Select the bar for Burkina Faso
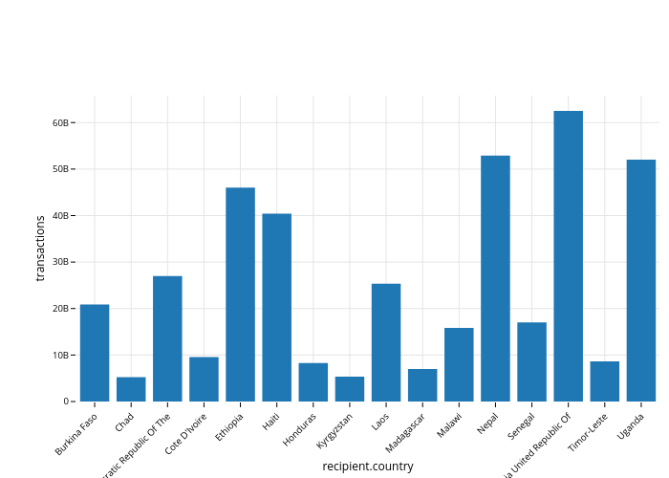pos(95,353)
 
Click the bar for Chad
pos(131,389)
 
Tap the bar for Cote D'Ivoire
pos(204,380)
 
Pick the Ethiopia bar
pos(240,294)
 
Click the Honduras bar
pos(313,382)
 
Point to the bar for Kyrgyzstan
pos(350,389)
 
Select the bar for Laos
pos(386,342)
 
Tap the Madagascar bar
pos(422,385)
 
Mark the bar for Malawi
pos(459,364)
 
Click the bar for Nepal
pos(495,278)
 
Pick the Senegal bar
pos(531,361)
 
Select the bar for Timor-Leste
pos(605,381)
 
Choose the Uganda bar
pos(641,280)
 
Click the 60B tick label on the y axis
pos(60,122)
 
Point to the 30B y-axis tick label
pos(60,262)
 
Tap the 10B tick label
pos(60,355)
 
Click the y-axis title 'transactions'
pos(40,248)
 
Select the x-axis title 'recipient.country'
pos(368,467)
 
